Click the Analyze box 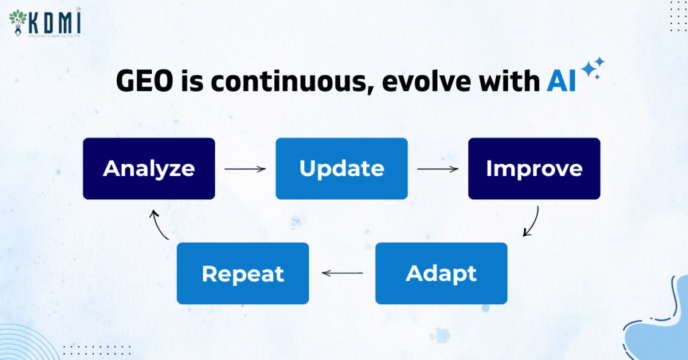[148, 169]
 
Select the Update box [341, 169]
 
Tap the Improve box [534, 169]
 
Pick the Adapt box [441, 273]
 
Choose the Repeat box [243, 273]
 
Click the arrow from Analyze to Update [245, 169]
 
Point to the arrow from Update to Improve [438, 169]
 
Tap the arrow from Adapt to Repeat [342, 273]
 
